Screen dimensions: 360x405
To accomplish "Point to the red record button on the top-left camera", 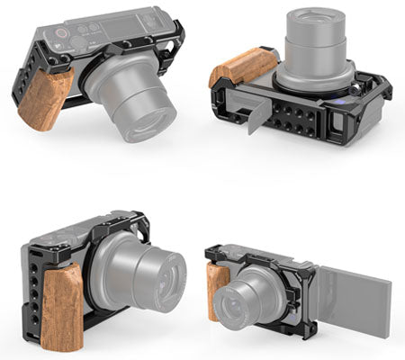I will pos(61,33).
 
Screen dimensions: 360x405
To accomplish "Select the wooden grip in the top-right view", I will pos(242,66).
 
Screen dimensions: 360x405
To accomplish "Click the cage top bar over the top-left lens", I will pos(135,45).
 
